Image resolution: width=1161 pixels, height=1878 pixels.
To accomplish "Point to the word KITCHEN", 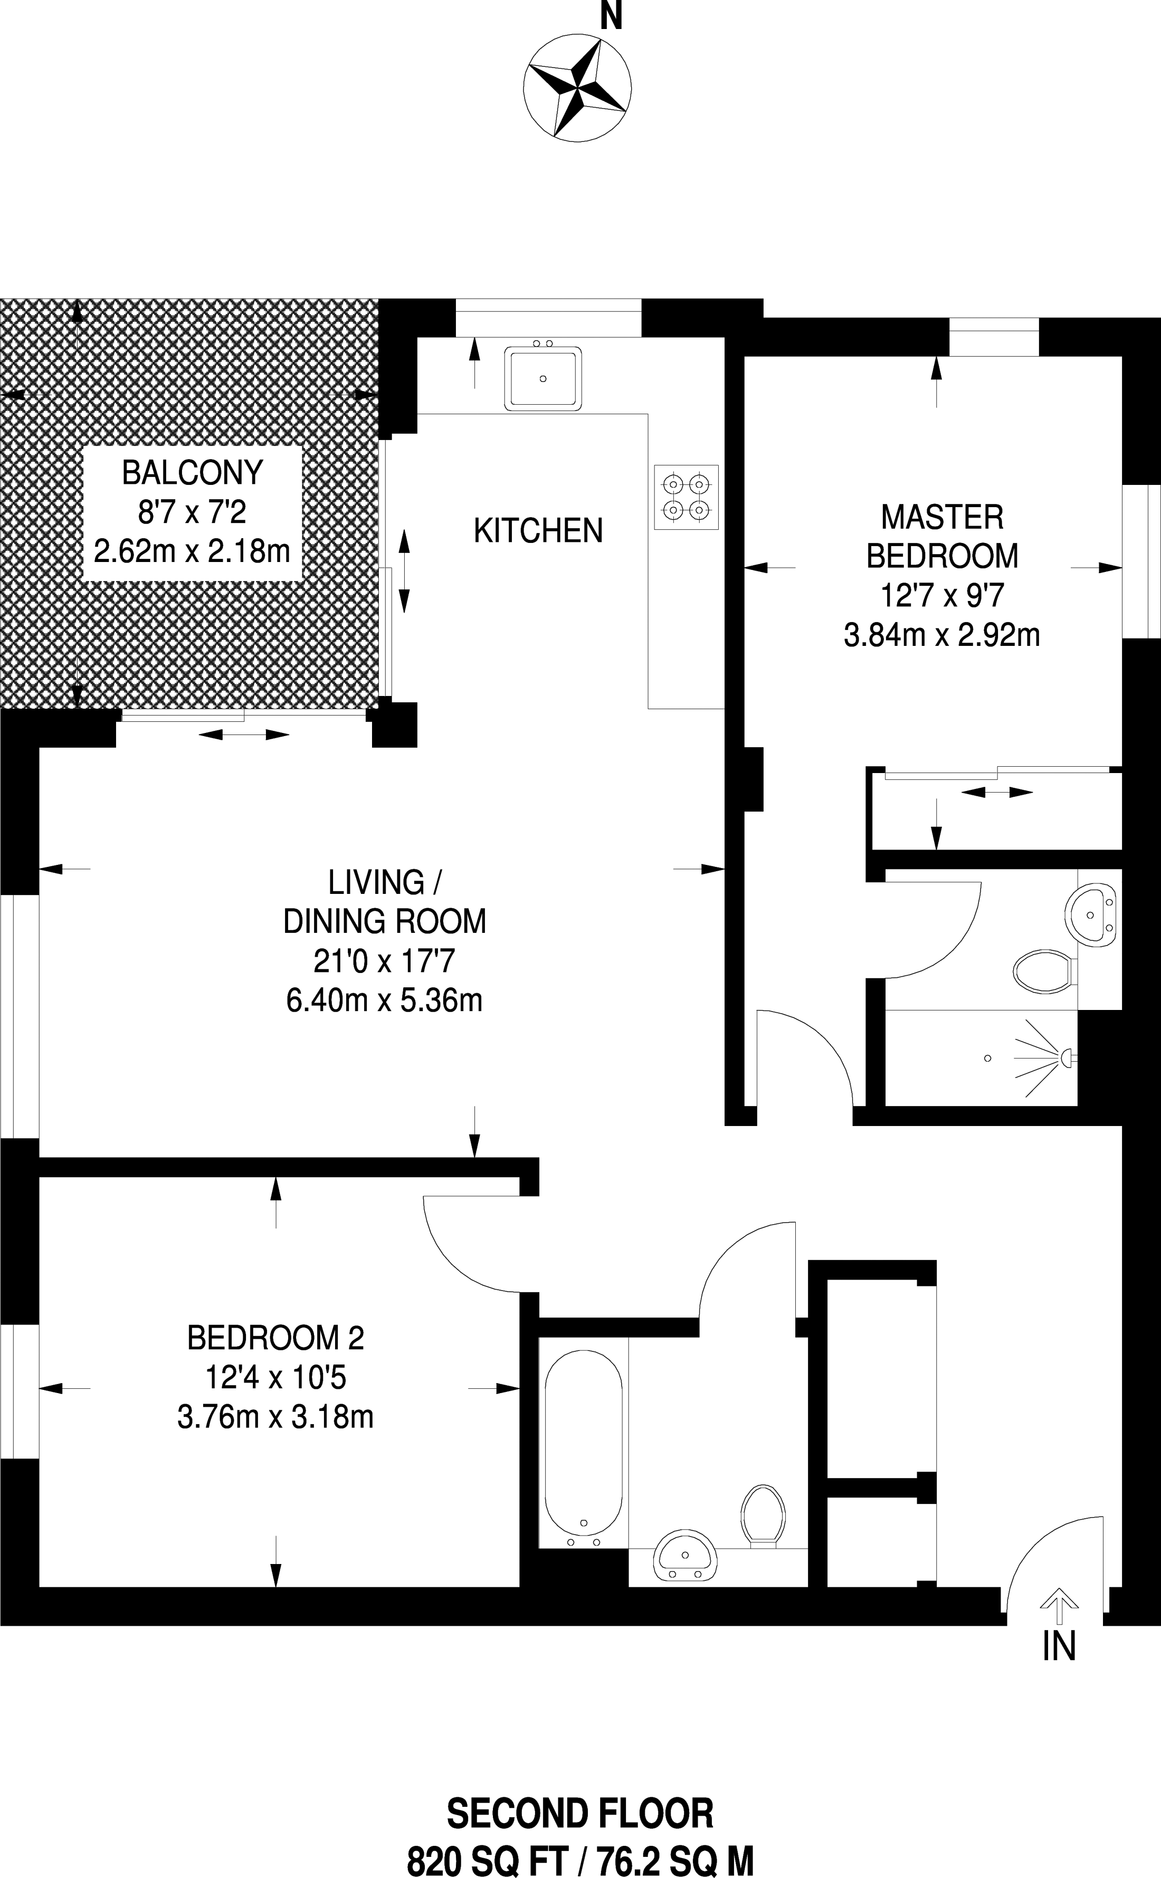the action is pos(538,530).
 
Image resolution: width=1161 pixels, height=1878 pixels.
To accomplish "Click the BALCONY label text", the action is pos(193,472).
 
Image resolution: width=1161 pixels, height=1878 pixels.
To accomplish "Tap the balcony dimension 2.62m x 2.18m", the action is pos(192,550).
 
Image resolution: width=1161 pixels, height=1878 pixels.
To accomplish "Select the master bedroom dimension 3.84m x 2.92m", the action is pos(941,635).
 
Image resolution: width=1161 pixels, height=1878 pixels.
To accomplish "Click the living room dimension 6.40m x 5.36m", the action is pos(384,1000).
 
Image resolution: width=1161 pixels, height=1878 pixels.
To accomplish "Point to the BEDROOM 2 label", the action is pos(275,1338).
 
